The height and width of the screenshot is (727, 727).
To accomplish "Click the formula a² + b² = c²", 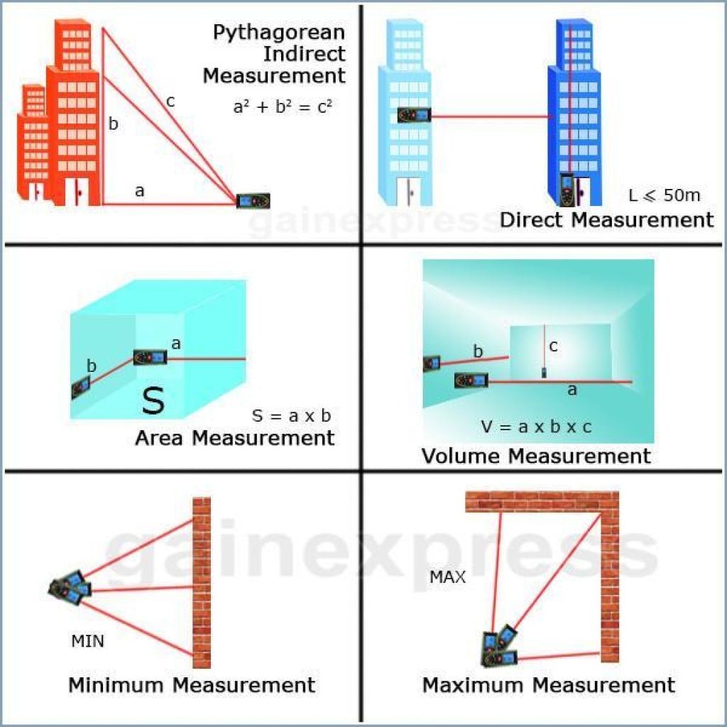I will (283, 106).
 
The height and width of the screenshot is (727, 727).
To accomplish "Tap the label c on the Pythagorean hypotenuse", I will (170, 102).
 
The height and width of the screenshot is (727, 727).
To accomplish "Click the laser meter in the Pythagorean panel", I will (253, 201).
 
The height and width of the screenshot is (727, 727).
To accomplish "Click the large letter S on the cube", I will (153, 400).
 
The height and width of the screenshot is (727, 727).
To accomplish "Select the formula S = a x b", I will (292, 415).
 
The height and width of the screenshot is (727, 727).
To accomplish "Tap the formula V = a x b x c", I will (536, 427).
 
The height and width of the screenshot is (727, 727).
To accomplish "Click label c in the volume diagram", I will (553, 346).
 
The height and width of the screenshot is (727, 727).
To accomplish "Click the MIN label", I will (87, 642).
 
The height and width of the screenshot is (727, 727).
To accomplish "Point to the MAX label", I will (447, 577).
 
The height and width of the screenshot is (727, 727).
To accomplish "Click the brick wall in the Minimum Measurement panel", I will (202, 582).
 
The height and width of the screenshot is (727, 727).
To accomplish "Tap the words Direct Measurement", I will (606, 219).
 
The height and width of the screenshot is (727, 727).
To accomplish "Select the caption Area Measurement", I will (234, 437).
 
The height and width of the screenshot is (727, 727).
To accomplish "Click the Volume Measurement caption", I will (536, 455).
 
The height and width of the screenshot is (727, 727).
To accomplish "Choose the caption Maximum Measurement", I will (548, 685).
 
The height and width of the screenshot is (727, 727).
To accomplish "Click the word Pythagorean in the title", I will (279, 33).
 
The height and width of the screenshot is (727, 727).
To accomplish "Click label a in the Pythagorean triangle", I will (139, 190).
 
